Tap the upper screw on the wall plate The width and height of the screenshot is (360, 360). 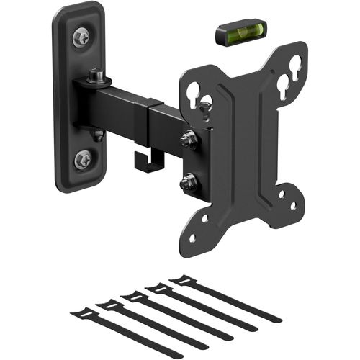(81, 37)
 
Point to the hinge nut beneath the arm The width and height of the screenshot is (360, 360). (98, 134)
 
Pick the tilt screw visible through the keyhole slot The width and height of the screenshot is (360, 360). (206, 107)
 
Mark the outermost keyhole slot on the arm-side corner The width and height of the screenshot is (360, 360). (193, 91)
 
